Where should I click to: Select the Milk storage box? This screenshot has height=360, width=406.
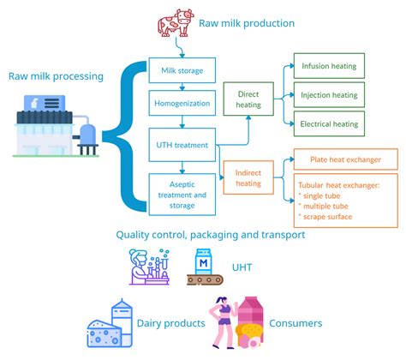[x=177, y=70]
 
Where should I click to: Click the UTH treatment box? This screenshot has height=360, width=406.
[x=177, y=145]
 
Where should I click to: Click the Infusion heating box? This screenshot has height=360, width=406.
[x=329, y=65]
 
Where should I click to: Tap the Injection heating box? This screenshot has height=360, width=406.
[x=329, y=94]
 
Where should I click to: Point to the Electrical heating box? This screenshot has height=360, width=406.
[x=329, y=123]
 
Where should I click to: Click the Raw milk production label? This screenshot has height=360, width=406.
[x=246, y=22]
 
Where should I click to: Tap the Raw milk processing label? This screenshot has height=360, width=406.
[x=57, y=76]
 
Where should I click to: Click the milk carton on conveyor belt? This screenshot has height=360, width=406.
[x=204, y=267]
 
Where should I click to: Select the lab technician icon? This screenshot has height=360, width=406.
[x=149, y=266]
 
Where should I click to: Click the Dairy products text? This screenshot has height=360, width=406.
[x=171, y=323]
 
